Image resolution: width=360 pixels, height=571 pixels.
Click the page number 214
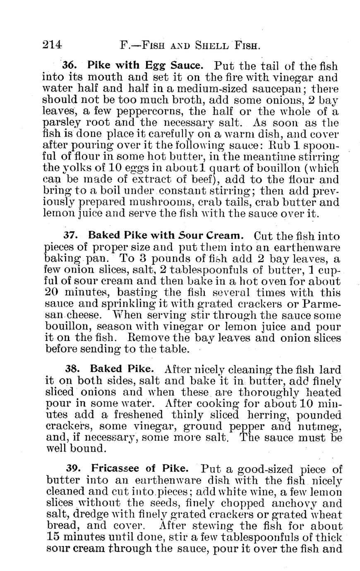point(52,44)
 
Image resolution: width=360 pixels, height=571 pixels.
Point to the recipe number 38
point(72,368)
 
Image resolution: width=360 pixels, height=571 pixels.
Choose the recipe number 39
point(74,469)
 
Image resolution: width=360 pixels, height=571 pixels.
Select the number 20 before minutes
point(50,293)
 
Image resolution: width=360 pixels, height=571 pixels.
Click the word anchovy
point(296,504)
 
